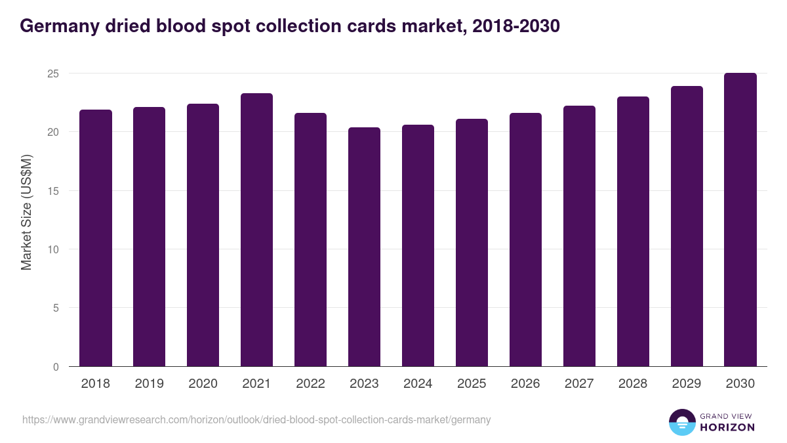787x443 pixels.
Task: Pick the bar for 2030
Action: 740,220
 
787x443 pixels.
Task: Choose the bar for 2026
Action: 525,240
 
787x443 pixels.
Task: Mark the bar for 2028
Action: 633,232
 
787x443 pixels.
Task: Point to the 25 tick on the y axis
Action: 53,74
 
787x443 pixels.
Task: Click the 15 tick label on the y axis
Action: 53,191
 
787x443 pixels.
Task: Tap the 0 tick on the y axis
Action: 56,367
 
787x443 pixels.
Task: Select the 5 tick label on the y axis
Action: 56,308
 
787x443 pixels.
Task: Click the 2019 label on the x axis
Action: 150,384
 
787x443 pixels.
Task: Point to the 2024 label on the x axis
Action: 418,384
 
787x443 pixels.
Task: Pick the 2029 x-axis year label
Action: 687,384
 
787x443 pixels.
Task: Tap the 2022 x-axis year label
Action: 310,384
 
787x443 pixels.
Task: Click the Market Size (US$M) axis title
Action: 26,212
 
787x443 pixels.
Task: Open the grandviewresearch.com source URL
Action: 256,419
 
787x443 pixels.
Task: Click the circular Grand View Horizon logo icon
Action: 681,423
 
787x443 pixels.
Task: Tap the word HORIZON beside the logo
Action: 728,427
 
